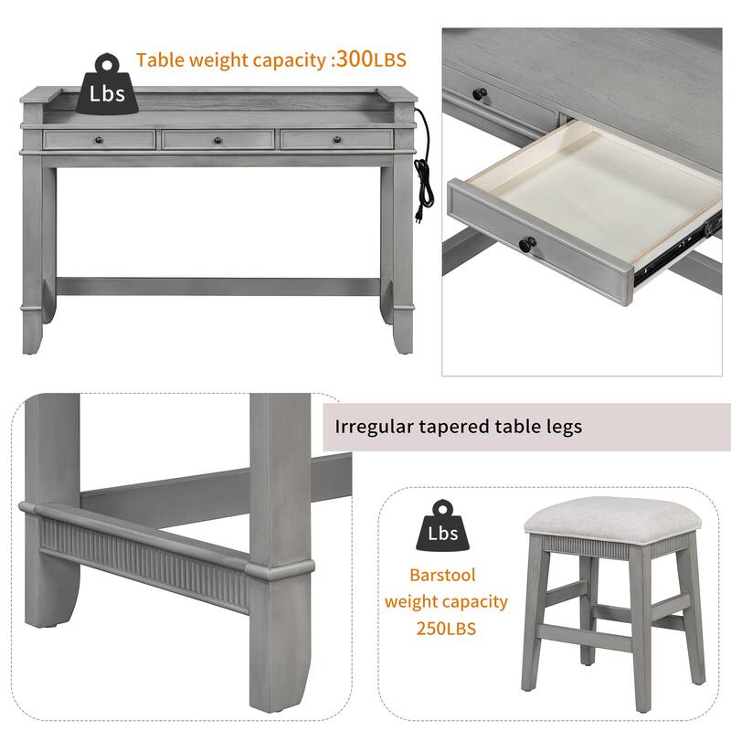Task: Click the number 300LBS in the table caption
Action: (370, 60)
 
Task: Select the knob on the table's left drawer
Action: (97, 140)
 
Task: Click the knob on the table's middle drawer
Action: (218, 140)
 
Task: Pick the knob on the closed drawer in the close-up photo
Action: (480, 93)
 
